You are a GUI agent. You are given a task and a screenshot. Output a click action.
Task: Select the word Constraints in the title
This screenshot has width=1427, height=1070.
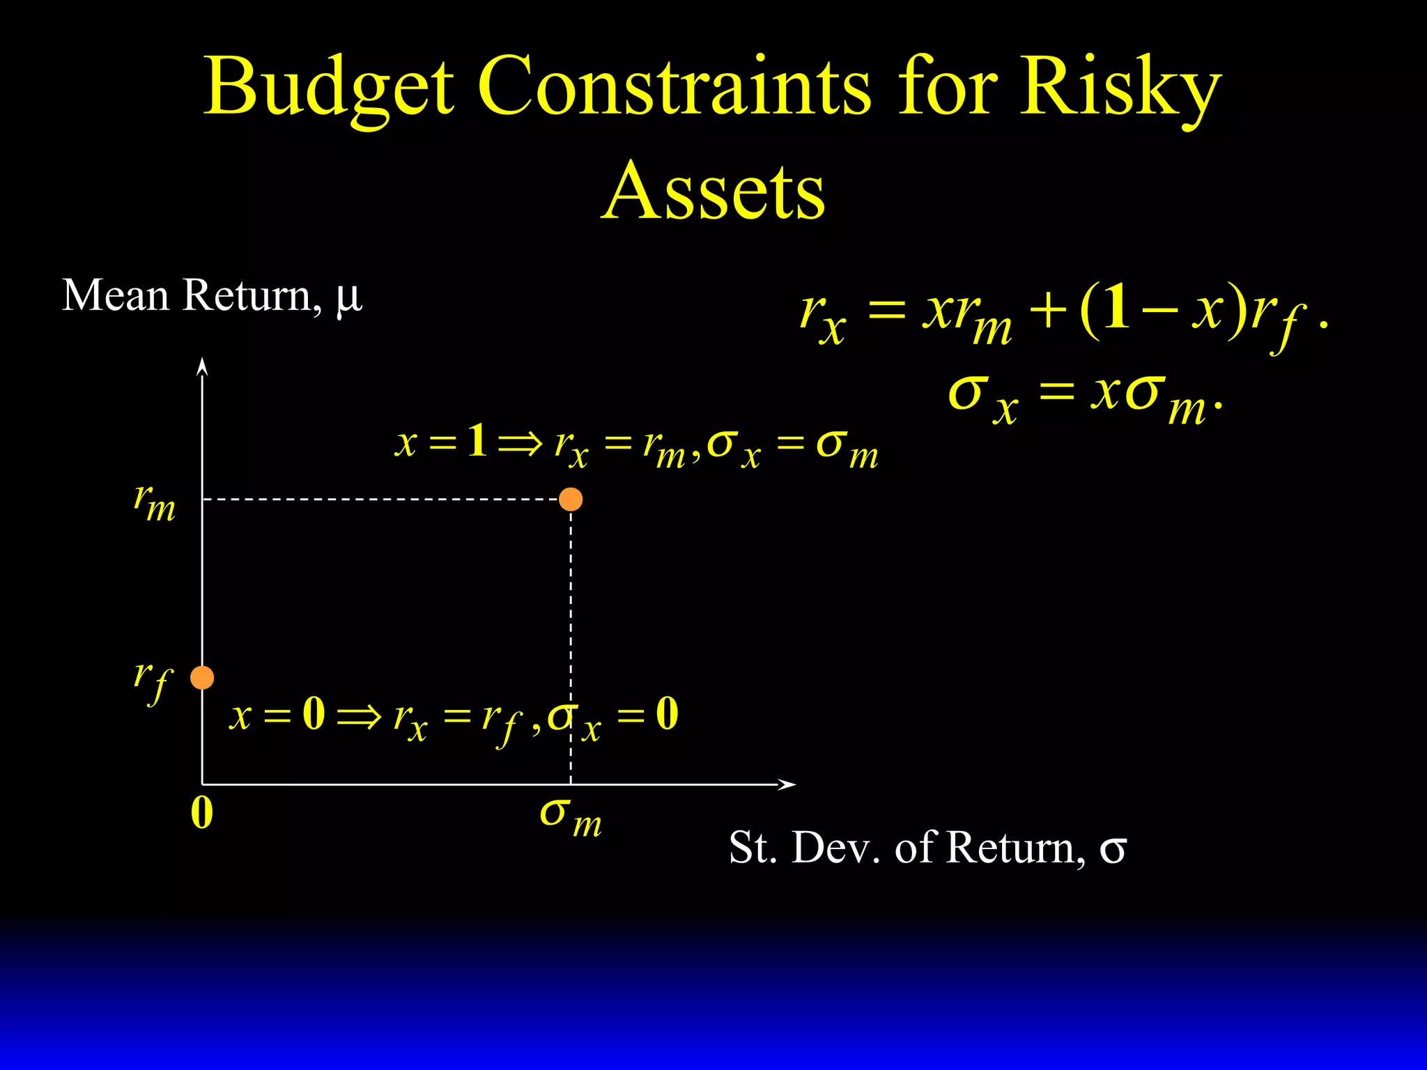coord(674,87)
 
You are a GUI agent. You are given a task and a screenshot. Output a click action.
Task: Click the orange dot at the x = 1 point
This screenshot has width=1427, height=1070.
coord(571,499)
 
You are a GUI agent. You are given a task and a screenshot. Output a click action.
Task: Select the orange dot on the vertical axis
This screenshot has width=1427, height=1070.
coord(202,677)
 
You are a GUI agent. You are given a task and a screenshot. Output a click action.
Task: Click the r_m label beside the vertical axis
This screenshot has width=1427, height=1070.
coord(155,503)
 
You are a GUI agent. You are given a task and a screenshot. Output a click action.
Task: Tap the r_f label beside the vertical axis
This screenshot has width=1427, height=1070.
coord(153,681)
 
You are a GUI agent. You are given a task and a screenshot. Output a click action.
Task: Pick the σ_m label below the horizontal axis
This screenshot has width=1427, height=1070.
coord(571,816)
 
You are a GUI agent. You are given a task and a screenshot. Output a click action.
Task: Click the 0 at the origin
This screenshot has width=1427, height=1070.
coord(201,813)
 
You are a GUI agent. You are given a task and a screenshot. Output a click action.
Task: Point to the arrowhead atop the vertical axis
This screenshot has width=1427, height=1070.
coord(202,366)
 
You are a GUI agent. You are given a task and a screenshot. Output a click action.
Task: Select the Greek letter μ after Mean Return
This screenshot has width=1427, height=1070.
coord(348,297)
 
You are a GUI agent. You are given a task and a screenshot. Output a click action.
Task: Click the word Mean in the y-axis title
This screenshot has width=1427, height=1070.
coord(116,295)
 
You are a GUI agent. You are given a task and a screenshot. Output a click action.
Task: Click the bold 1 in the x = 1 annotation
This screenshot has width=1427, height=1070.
coord(477,441)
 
